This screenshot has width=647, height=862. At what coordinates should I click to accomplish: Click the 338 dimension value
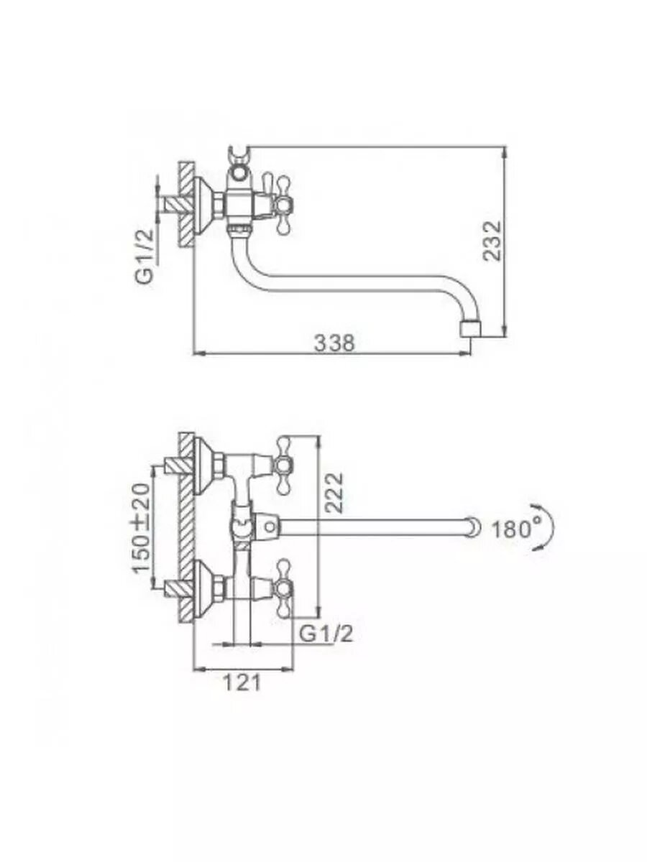point(334,343)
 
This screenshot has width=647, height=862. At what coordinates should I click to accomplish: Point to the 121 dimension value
point(242,682)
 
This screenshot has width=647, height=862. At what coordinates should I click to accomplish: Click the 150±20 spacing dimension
point(141,528)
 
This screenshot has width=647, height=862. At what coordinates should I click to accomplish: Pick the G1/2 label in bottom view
point(326,633)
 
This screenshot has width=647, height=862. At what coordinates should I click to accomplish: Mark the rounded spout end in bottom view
point(472,527)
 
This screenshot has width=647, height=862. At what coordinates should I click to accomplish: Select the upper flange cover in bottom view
point(208,463)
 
